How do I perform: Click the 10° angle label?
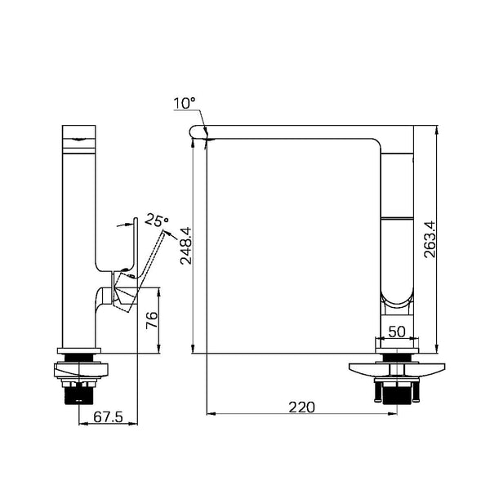pyautogui.click(x=184, y=103)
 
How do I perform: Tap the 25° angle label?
pyautogui.click(x=157, y=220)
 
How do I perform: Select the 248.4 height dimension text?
pyautogui.click(x=185, y=246)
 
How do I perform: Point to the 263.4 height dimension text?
pyautogui.click(x=430, y=239)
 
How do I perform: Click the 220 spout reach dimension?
pyautogui.click(x=302, y=408)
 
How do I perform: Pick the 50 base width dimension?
pyautogui.click(x=397, y=332)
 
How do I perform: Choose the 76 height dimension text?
pyautogui.click(x=152, y=319)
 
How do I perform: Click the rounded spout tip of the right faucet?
pyautogui.click(x=194, y=131)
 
